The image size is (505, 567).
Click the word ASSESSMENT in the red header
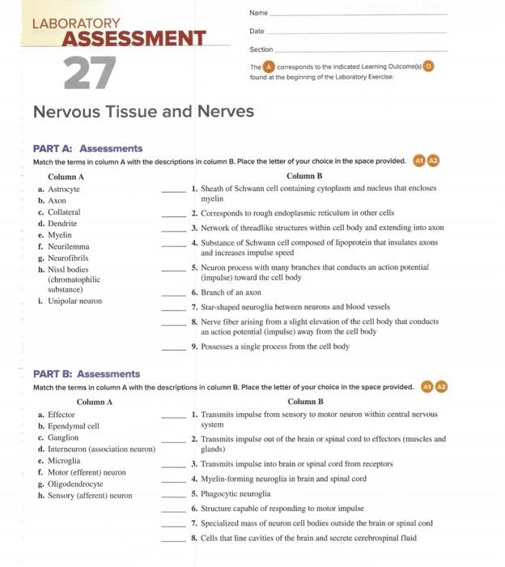[x=134, y=38]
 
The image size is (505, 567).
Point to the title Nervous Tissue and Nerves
[x=143, y=111]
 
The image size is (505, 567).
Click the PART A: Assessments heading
[x=87, y=148]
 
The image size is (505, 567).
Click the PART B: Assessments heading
[x=87, y=373]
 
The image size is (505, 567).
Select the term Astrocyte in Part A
[x=64, y=188]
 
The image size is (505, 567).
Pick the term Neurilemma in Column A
[x=69, y=245]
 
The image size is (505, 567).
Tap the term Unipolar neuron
[x=74, y=301]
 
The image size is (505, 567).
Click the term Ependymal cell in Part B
[x=74, y=425]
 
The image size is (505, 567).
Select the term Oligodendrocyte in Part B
[x=76, y=483]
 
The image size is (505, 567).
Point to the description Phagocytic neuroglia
[x=236, y=492]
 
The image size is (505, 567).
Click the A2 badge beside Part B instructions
[x=442, y=386]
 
